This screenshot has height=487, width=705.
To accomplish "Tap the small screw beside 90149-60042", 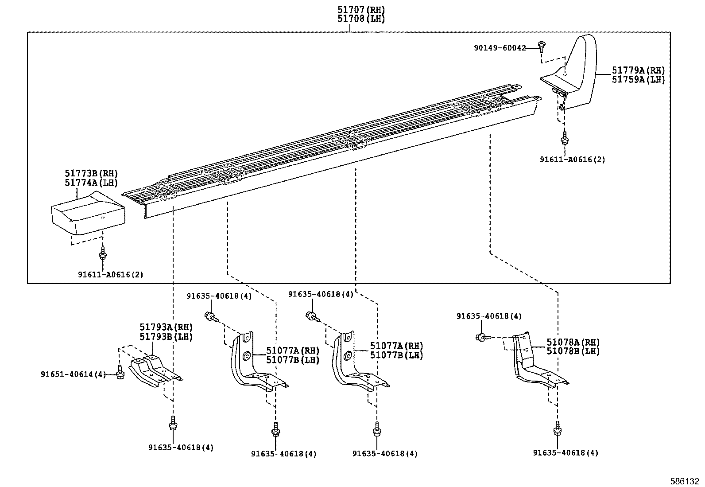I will coord(541,44).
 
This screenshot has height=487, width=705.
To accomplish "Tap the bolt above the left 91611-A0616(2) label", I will coord(103,254).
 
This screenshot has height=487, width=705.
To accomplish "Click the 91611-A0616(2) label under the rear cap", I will coord(572,160).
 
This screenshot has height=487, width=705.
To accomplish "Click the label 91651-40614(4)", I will coord(73,374).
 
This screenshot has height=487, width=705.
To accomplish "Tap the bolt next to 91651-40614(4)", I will coord(120,373).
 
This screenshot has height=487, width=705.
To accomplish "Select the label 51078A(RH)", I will coord(573,343).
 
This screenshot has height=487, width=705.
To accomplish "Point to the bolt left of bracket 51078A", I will coord(483,337).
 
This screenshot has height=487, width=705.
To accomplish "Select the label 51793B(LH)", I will coord(166,337).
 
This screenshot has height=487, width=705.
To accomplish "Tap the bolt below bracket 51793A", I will coord(173,424).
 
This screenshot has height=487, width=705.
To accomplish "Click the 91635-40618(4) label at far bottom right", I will coord(565,453).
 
